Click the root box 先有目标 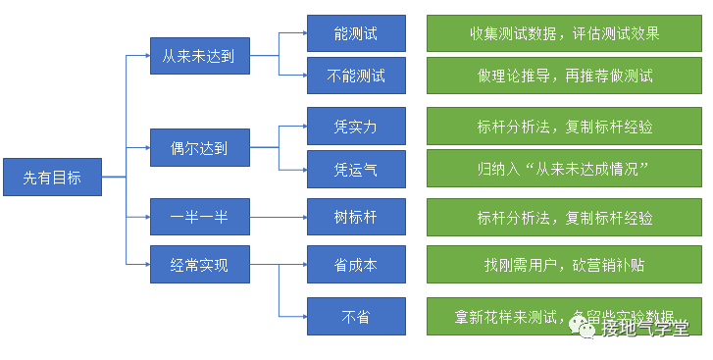pos(52,178)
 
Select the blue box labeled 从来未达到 pos(198,55)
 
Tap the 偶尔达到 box pos(198,148)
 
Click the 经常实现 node pos(198,264)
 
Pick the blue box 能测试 pos(355,33)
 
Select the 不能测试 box pos(355,76)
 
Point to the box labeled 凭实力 pos(355,127)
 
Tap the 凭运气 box pos(355,169)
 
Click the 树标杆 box pos(355,217)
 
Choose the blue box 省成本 pos(355,264)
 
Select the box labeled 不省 pos(355,316)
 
